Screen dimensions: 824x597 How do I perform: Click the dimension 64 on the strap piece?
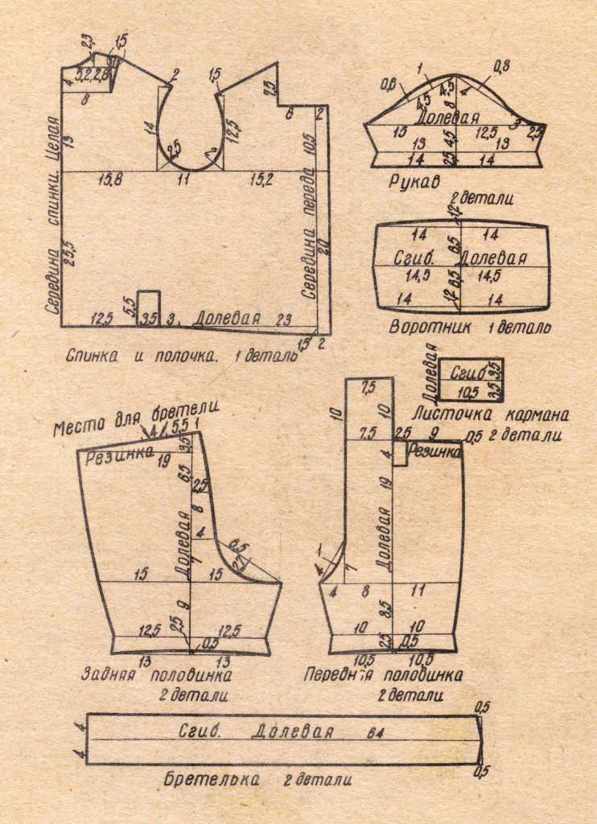[374, 733]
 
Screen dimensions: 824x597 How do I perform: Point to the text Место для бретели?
[136, 419]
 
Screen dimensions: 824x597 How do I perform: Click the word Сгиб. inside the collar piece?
[415, 259]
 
